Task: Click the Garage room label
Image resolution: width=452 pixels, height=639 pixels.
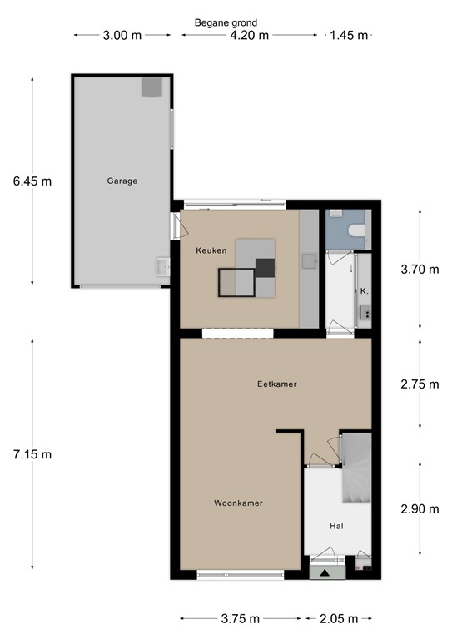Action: [122, 181]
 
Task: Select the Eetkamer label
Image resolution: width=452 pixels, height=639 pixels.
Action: [277, 384]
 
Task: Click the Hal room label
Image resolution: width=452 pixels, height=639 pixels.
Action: [337, 526]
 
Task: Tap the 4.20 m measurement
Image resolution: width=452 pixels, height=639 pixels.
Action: [249, 35]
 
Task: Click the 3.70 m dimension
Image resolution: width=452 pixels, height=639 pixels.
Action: [420, 269]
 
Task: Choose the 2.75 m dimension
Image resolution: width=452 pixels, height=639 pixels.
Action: [420, 384]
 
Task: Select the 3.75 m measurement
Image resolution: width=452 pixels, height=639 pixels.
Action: [240, 618]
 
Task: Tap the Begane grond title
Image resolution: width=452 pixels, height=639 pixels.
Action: [226, 22]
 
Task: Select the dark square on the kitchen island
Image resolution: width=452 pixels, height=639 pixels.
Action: [265, 268]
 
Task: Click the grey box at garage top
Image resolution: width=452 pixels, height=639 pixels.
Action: [151, 86]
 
